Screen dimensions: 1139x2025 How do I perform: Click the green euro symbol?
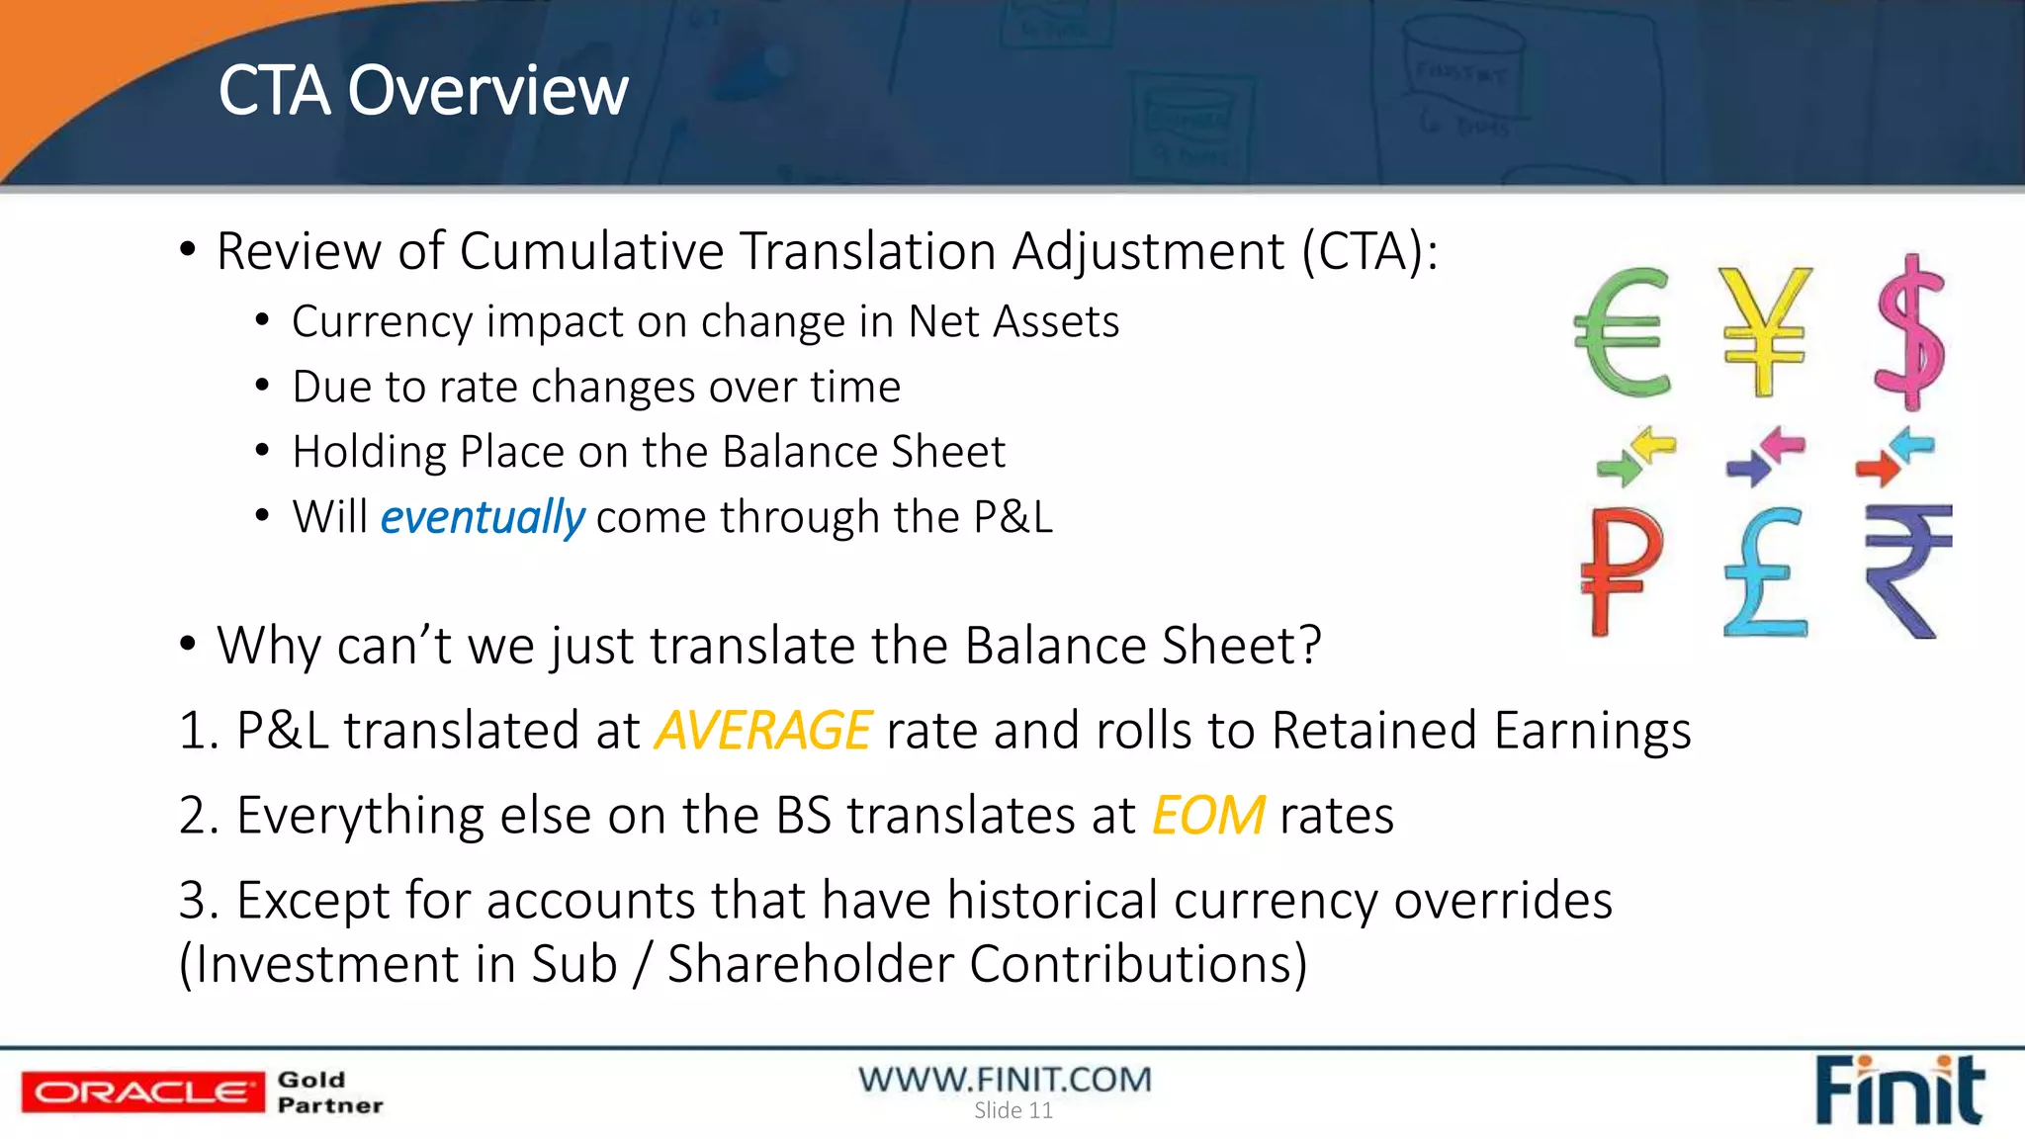1622,332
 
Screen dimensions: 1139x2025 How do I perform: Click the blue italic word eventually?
483,517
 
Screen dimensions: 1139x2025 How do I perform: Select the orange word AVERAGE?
762,731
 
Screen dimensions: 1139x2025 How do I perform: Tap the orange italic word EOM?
1207,816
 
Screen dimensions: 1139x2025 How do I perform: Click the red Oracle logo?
142,1093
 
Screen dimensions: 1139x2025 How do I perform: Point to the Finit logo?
1898,1091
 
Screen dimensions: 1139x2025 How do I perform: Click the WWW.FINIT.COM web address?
1005,1079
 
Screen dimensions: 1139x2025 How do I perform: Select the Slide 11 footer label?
1013,1111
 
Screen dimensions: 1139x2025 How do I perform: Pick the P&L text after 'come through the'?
1012,517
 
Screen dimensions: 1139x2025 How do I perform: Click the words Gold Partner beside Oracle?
329,1093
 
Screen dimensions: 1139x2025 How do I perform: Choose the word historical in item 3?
1052,901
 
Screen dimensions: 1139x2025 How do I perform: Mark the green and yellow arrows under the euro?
1635,457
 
